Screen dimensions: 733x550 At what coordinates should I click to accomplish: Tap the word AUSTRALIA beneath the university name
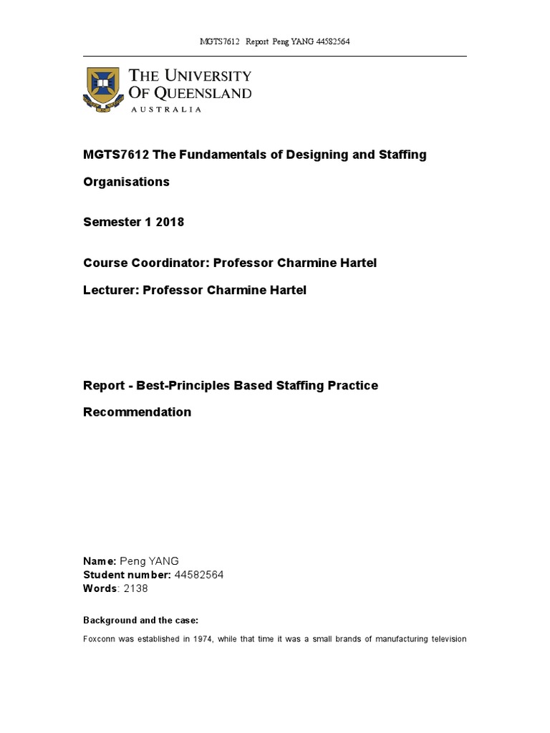point(166,110)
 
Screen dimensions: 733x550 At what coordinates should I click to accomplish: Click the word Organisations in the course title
point(127,182)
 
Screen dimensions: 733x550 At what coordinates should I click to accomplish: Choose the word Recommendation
point(137,412)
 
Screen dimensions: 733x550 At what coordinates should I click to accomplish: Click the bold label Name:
point(100,561)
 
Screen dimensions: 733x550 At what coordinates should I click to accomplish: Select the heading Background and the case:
point(141,619)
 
